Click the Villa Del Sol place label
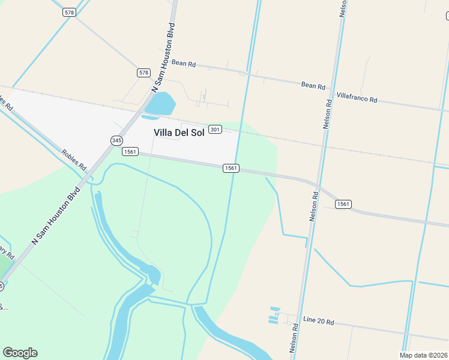coord(179,133)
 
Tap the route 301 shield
coord(216,130)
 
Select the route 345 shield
coord(116,140)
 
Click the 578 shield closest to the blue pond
coord(143,73)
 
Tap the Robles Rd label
coord(74,158)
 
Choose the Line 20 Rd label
coord(318,321)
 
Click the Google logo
coord(20,353)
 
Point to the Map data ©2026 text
coord(424,355)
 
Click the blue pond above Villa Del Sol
coord(161,105)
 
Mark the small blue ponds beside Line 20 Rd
coord(275,316)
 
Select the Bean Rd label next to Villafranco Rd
coord(313,86)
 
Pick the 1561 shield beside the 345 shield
coord(131,152)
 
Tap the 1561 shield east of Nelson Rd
coord(343,204)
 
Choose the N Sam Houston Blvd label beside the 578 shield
coord(164,57)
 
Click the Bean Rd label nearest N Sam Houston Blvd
coord(184,62)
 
